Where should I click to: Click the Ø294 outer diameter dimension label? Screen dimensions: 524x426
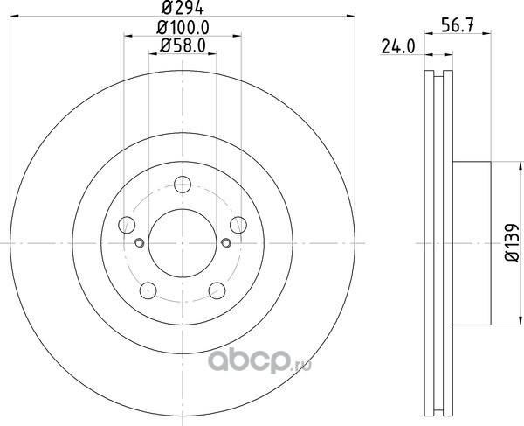point(183,8)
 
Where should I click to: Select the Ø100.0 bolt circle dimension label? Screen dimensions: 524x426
point(183,27)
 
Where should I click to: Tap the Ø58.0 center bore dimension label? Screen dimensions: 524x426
point(183,45)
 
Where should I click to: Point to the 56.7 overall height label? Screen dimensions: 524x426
point(458,25)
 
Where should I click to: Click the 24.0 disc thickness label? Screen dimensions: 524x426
point(398,47)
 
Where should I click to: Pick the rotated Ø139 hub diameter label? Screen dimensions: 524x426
point(512,242)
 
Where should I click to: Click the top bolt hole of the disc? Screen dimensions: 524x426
point(183,185)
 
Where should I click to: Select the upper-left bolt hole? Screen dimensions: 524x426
point(127,225)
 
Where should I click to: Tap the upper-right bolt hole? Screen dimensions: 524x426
point(238,225)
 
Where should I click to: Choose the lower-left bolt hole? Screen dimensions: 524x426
point(148,290)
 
